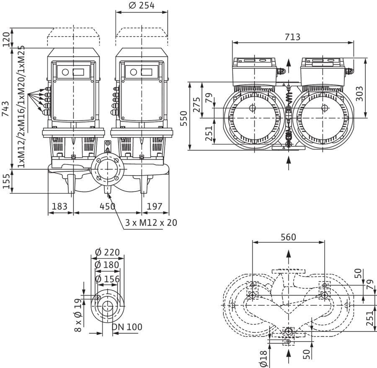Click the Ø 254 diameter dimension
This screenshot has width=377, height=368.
point(142,5)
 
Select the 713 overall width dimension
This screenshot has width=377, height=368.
point(293,37)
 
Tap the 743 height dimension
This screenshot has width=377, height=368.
point(5,109)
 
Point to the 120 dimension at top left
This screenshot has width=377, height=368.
point(5,39)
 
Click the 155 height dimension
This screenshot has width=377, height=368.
point(5,181)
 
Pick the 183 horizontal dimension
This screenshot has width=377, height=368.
point(59,206)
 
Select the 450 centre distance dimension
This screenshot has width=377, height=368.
point(108,206)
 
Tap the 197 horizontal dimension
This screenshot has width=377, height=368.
point(155,206)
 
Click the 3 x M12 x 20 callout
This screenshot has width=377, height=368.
point(151,223)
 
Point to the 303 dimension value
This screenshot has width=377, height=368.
point(359,94)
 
